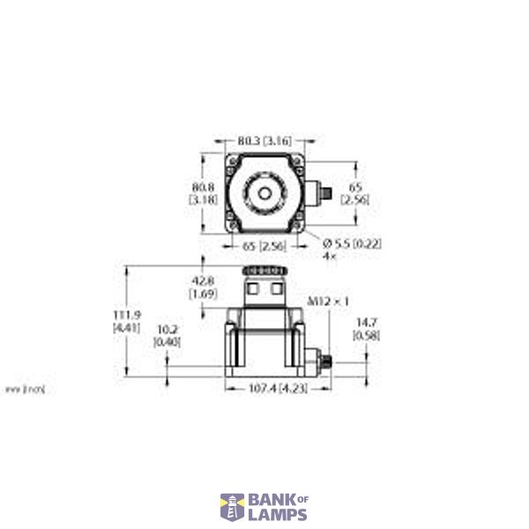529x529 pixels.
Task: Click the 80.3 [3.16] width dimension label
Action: (x=264, y=139)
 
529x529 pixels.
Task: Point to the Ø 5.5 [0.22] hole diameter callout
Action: (x=353, y=242)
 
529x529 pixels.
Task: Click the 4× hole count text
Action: (x=330, y=256)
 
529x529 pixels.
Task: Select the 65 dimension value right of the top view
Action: (x=354, y=187)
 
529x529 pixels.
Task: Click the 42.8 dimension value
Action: (x=203, y=281)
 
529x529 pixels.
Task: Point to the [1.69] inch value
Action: (x=203, y=294)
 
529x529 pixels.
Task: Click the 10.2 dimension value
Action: (x=165, y=330)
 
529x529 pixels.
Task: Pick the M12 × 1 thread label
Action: (x=323, y=302)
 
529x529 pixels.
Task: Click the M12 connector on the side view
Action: (x=324, y=361)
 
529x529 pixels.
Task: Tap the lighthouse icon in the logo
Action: (x=231, y=506)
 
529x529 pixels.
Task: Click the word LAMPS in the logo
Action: (x=274, y=513)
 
